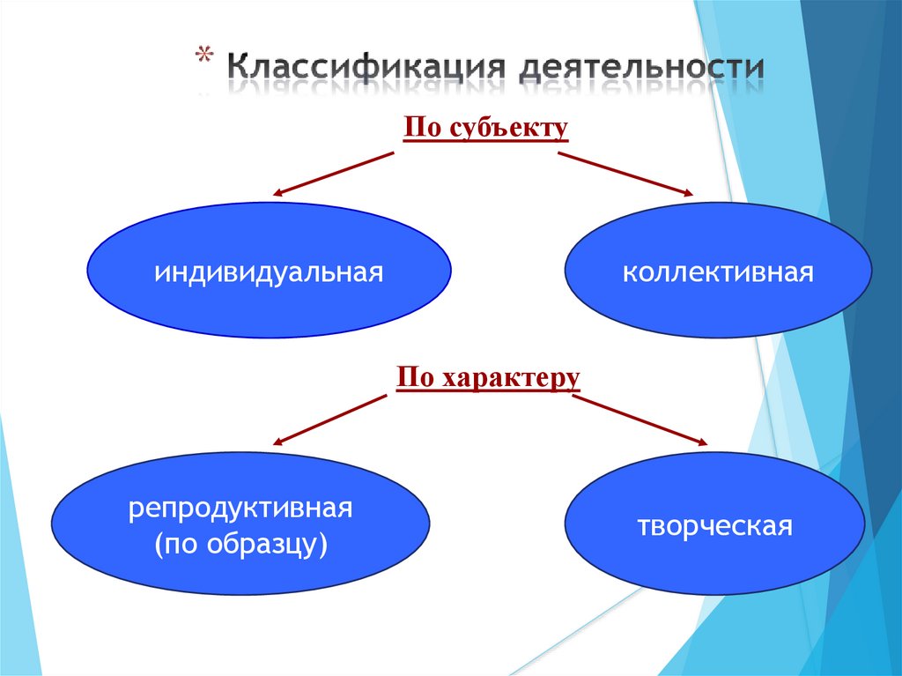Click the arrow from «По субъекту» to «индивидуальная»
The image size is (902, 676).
point(334,173)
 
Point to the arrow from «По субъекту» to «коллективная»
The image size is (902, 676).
point(625,173)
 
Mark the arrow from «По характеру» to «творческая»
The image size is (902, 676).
point(640,420)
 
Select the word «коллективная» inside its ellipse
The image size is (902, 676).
point(717,271)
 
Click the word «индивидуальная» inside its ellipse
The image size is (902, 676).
point(270,271)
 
